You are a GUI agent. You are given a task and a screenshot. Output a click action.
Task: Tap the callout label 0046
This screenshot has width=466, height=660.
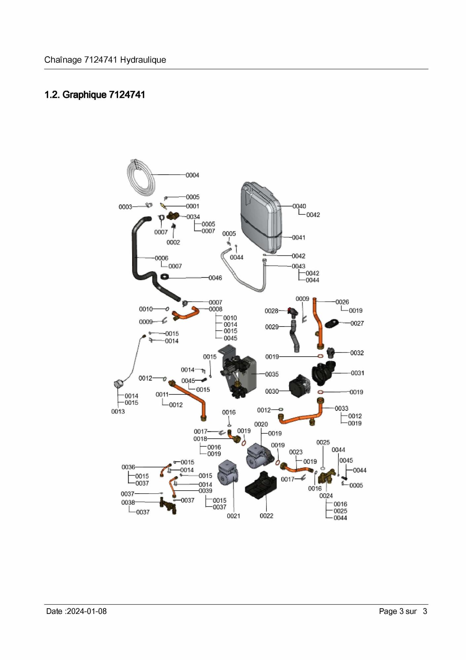[x=215, y=278]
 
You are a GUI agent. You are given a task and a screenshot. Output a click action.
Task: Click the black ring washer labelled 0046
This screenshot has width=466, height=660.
[x=165, y=277]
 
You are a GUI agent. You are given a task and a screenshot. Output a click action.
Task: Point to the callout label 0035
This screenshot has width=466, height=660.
[x=272, y=374]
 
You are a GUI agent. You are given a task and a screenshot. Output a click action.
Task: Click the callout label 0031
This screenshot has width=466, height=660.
[x=357, y=373]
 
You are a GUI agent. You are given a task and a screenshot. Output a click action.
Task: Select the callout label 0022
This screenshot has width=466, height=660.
[x=266, y=516]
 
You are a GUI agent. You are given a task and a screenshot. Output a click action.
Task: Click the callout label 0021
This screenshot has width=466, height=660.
[x=233, y=516]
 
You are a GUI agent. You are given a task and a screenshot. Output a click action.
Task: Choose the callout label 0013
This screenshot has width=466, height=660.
[x=118, y=411]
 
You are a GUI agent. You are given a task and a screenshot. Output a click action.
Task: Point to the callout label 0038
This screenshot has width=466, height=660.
[x=128, y=502]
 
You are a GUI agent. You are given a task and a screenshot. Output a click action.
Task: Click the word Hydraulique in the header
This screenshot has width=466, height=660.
[x=143, y=60]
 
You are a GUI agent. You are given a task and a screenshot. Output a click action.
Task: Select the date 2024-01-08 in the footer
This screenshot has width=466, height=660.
[x=87, y=611]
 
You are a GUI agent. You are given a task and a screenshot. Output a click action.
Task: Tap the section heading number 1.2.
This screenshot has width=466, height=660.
[x=52, y=95]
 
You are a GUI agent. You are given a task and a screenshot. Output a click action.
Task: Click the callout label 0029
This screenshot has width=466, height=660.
[x=272, y=327]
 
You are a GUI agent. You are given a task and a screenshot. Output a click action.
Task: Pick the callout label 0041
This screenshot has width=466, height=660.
[x=298, y=238]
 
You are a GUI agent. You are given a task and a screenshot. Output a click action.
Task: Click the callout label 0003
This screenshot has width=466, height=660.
[x=125, y=207]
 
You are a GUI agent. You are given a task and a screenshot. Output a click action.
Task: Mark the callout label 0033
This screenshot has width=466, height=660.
[x=341, y=408]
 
